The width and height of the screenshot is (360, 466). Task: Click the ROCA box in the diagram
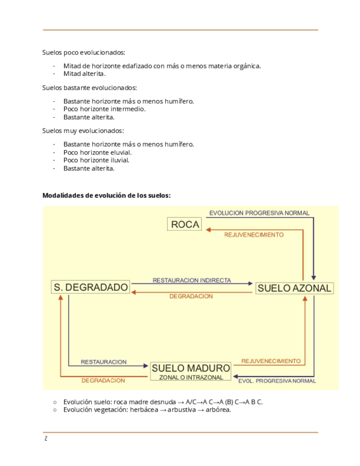click(185, 224)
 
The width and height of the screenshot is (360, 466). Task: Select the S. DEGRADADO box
click(91, 287)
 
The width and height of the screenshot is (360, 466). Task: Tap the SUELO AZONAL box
click(294, 288)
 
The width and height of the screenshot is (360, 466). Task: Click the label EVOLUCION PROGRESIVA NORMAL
click(259, 213)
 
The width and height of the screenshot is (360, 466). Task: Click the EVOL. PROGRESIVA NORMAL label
click(276, 380)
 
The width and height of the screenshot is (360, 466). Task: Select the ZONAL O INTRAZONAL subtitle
click(191, 378)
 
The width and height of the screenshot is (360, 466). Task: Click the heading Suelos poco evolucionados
click(84, 53)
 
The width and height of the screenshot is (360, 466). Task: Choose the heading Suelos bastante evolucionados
click(90, 87)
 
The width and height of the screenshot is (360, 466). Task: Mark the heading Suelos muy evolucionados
click(83, 131)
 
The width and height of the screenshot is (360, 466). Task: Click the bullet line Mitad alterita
click(84, 74)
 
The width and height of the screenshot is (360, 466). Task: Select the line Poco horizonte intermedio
click(104, 109)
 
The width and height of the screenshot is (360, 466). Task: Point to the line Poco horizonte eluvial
click(97, 152)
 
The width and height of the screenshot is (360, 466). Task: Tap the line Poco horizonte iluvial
click(96, 160)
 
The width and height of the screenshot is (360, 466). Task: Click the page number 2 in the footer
click(46, 439)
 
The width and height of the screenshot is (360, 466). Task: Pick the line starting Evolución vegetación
click(147, 409)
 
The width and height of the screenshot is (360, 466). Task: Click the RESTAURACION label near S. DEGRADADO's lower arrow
click(103, 362)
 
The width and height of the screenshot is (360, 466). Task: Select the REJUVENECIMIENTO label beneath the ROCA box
click(254, 235)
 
